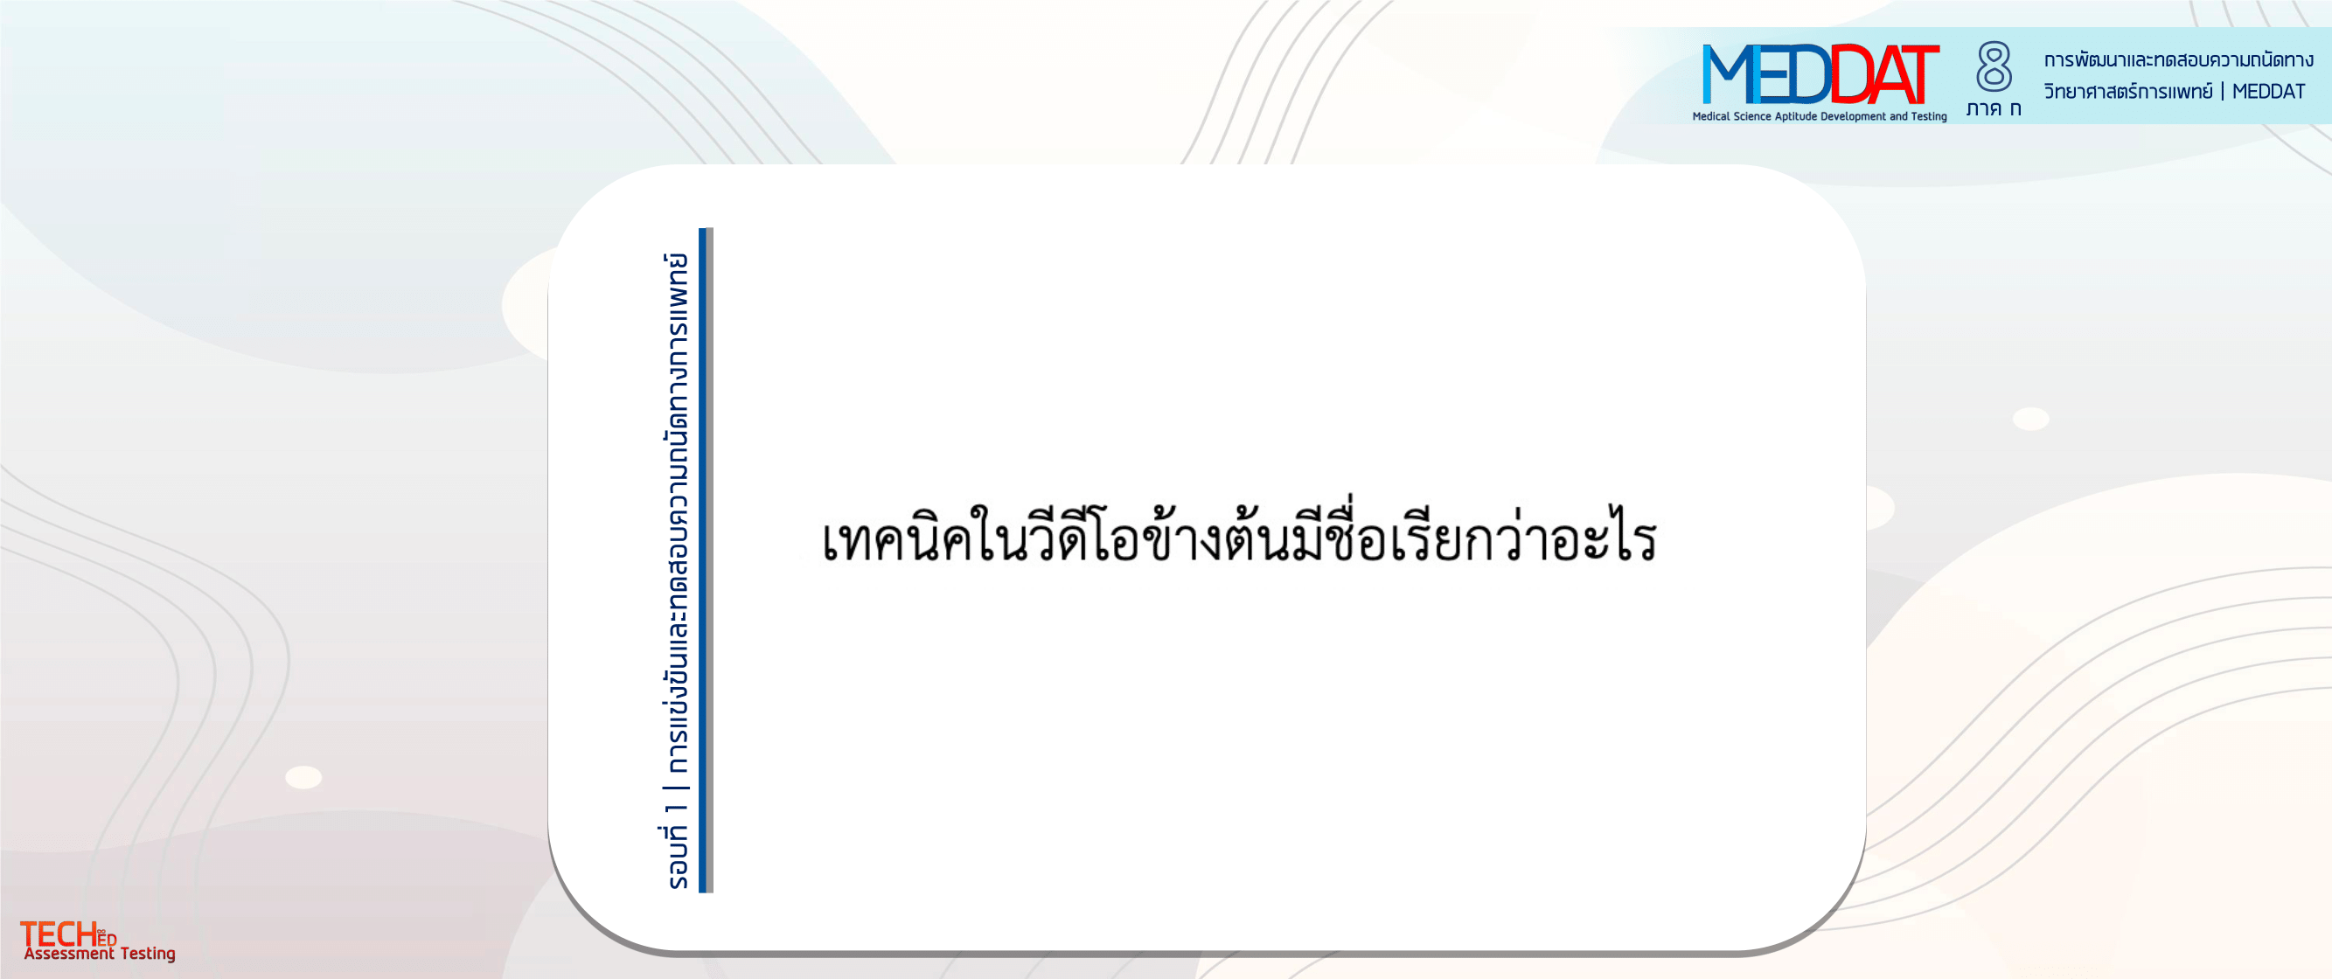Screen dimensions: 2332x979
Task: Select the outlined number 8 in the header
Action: point(1994,66)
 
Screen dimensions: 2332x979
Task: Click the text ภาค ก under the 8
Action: point(1994,108)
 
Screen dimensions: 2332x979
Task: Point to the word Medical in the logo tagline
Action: point(1711,117)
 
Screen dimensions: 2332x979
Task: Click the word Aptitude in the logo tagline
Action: point(1795,117)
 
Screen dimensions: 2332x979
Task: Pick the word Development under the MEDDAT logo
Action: point(1853,117)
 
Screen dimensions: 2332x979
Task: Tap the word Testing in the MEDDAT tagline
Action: point(1928,117)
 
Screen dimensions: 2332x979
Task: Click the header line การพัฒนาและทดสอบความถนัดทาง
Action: point(2178,59)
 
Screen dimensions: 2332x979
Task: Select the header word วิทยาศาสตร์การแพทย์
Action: point(2127,92)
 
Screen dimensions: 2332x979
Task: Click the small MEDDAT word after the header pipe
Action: point(2269,92)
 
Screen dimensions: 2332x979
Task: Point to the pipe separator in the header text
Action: point(2223,92)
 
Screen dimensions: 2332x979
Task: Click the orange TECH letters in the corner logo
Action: point(58,934)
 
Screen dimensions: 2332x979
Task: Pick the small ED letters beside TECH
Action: point(107,939)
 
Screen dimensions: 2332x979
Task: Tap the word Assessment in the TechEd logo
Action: point(69,954)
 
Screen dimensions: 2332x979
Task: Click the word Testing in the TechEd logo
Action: point(148,955)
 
